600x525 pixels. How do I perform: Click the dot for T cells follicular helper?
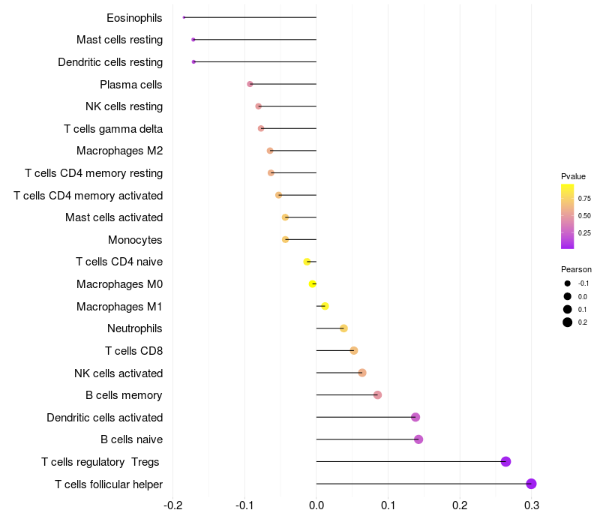531,484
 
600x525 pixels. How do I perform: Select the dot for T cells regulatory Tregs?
505,461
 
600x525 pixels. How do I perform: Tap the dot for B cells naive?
418,439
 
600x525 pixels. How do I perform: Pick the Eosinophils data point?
184,17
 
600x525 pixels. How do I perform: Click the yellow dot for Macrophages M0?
313,283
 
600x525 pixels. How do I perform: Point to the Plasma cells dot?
250,84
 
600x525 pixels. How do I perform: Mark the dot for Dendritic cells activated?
415,417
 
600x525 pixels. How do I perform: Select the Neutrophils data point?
343,328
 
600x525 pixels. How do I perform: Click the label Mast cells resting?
119,40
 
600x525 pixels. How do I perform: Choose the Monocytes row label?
135,240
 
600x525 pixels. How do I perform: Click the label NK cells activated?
118,373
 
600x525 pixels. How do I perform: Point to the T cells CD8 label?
133,351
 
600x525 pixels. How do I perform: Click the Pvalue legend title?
573,176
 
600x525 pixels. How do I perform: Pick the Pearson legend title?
576,269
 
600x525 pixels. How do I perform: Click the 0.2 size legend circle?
568,322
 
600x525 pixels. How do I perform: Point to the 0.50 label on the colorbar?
583,216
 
